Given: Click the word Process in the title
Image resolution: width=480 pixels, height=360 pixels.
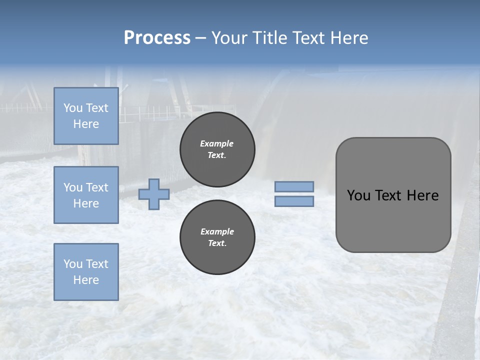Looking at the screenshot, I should pyautogui.click(x=157, y=38).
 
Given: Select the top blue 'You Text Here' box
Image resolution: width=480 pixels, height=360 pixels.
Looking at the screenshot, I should pyautogui.click(x=86, y=116).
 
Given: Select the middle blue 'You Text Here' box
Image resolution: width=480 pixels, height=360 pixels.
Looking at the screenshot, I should pyautogui.click(x=86, y=195).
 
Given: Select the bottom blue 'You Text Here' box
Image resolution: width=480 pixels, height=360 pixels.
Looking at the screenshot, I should pyautogui.click(x=86, y=271).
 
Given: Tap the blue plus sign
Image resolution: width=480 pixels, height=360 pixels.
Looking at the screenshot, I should pyautogui.click(x=154, y=194).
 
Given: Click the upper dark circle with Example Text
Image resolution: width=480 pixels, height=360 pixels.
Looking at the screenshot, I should pyautogui.click(x=217, y=149).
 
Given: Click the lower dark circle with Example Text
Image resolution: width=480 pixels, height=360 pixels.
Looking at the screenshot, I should pyautogui.click(x=217, y=237).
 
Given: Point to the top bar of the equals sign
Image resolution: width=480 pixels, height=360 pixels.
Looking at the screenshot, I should pyautogui.click(x=294, y=187).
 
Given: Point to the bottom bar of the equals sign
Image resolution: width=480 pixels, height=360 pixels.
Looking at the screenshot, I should pyautogui.click(x=294, y=201).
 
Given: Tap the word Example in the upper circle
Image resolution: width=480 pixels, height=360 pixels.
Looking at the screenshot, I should pyautogui.click(x=217, y=143).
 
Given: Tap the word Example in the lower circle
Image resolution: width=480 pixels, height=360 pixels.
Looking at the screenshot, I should pyautogui.click(x=217, y=231).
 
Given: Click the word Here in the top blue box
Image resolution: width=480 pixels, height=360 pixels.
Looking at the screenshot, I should pyautogui.click(x=86, y=124).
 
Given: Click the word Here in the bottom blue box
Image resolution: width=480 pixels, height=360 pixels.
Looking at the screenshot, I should pyautogui.click(x=86, y=280).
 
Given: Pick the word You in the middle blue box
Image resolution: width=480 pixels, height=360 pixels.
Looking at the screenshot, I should pyautogui.click(x=72, y=187).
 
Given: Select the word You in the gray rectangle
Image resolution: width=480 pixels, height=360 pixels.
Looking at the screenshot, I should pyautogui.click(x=358, y=195).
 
